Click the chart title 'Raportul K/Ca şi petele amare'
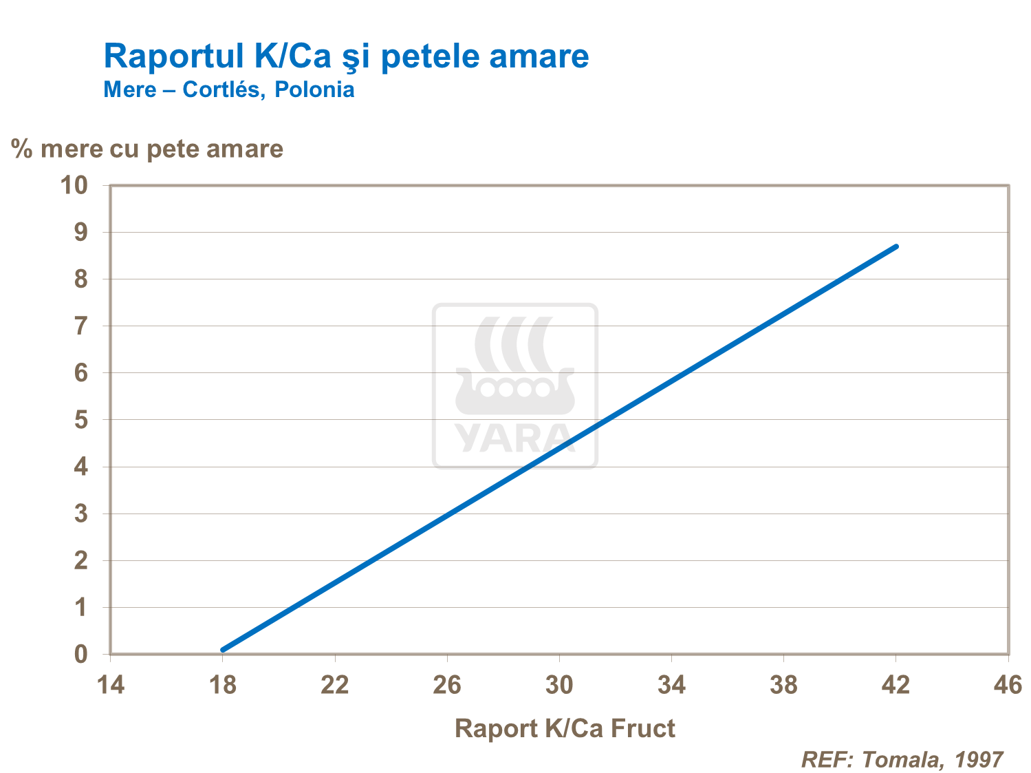[x=346, y=56]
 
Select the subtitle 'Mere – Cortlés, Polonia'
[x=229, y=89]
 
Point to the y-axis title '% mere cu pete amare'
[x=147, y=149]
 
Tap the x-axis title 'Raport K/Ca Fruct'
[x=565, y=728]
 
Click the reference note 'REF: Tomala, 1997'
[x=902, y=759]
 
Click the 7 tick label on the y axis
[x=81, y=326]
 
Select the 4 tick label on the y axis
[x=81, y=467]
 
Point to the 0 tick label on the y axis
[x=81, y=655]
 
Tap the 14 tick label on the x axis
[x=110, y=686]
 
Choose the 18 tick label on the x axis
[x=222, y=686]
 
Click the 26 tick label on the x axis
[x=447, y=686]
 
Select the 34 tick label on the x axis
[x=671, y=686]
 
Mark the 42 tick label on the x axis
[x=896, y=686]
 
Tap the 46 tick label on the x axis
[x=1008, y=686]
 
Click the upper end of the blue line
[x=896, y=246]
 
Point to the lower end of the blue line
[x=223, y=649]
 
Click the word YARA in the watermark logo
[x=514, y=439]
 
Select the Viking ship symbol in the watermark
[x=514, y=368]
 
